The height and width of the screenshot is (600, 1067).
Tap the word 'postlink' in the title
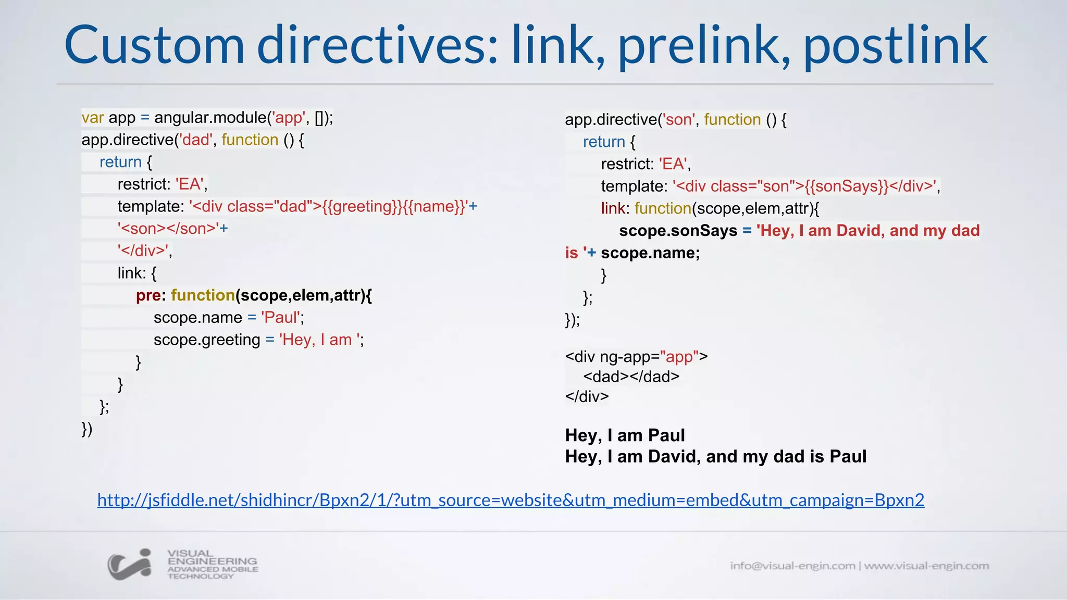coord(895,47)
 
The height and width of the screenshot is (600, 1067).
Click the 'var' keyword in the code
coord(92,118)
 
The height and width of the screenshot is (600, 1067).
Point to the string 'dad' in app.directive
coord(196,140)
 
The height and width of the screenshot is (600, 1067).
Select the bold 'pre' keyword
coord(148,295)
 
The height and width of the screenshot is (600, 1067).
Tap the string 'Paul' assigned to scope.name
coord(281,318)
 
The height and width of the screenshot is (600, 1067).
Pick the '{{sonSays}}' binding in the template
coord(846,186)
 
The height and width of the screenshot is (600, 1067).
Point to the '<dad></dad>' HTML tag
coord(631,377)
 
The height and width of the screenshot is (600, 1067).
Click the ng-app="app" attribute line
coord(636,357)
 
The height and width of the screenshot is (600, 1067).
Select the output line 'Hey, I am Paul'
coord(625,435)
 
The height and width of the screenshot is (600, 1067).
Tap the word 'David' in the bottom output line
coord(674,457)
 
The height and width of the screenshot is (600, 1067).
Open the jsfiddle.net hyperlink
coord(511,500)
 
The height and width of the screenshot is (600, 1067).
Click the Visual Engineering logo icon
coord(129,565)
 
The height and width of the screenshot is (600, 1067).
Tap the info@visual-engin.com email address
coord(792,566)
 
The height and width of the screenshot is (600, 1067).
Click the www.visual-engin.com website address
coord(926,566)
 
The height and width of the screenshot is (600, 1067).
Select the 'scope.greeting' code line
coord(258,340)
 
